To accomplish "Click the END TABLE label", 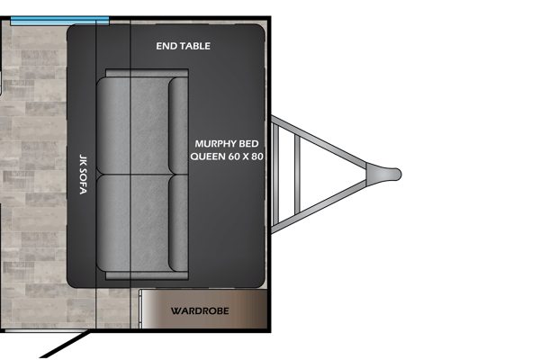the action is (184, 46).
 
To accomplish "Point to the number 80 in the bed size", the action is (257, 157).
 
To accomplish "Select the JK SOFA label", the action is (83, 175).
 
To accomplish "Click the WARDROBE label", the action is (200, 311).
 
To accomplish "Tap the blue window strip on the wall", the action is (60, 21).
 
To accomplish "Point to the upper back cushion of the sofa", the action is (178, 125).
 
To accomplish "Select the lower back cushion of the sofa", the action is (178, 223).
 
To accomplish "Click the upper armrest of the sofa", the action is (147, 73).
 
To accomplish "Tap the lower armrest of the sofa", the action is (147, 275).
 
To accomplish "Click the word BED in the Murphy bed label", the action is (248, 144).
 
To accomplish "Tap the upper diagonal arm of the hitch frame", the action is (319, 141).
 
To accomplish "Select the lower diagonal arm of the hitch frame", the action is (319, 207).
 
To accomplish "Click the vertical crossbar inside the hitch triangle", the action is (297, 175).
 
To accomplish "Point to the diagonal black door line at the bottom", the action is (65, 345).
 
